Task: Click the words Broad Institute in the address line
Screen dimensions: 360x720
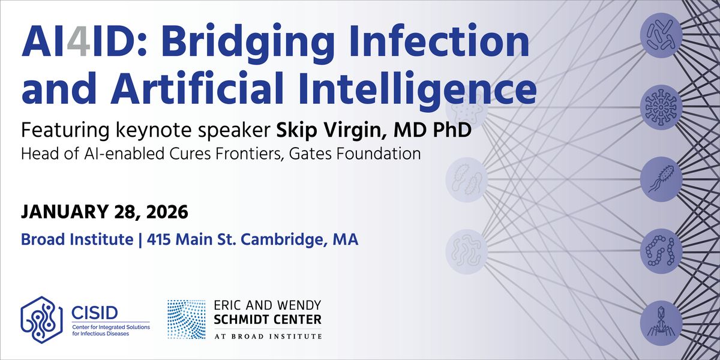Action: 77,240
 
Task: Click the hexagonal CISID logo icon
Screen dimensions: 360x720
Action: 42,318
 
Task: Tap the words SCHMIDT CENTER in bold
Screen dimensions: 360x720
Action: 268,319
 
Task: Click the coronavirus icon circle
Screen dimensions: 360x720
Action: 661,106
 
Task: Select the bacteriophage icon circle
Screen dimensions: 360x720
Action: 661,323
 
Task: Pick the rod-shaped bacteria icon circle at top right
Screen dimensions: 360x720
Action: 661,34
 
